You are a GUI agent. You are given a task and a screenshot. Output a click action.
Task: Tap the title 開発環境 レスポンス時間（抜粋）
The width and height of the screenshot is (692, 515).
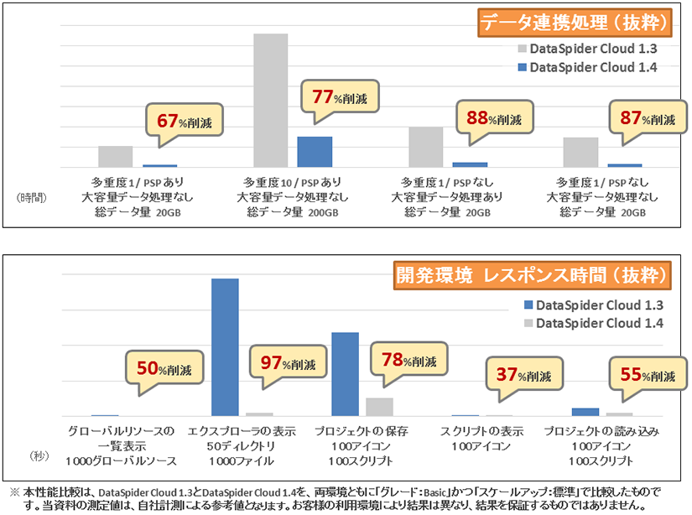tap(533, 274)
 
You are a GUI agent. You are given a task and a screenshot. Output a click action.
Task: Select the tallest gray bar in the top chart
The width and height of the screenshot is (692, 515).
tap(270, 101)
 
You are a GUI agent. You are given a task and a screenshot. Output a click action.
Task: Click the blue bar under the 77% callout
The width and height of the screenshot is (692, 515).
tap(315, 152)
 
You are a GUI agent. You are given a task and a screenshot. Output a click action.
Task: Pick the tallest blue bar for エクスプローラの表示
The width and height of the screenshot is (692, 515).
tap(225, 346)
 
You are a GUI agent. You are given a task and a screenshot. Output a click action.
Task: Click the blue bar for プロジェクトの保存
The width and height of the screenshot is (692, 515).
tap(345, 373)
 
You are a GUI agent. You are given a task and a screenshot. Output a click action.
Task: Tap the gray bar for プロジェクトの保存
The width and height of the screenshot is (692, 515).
tap(379, 406)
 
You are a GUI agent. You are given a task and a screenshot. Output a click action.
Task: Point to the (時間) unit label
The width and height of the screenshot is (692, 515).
tap(32, 198)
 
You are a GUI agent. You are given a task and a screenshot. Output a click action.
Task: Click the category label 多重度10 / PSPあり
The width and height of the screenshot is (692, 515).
tap(292, 181)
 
